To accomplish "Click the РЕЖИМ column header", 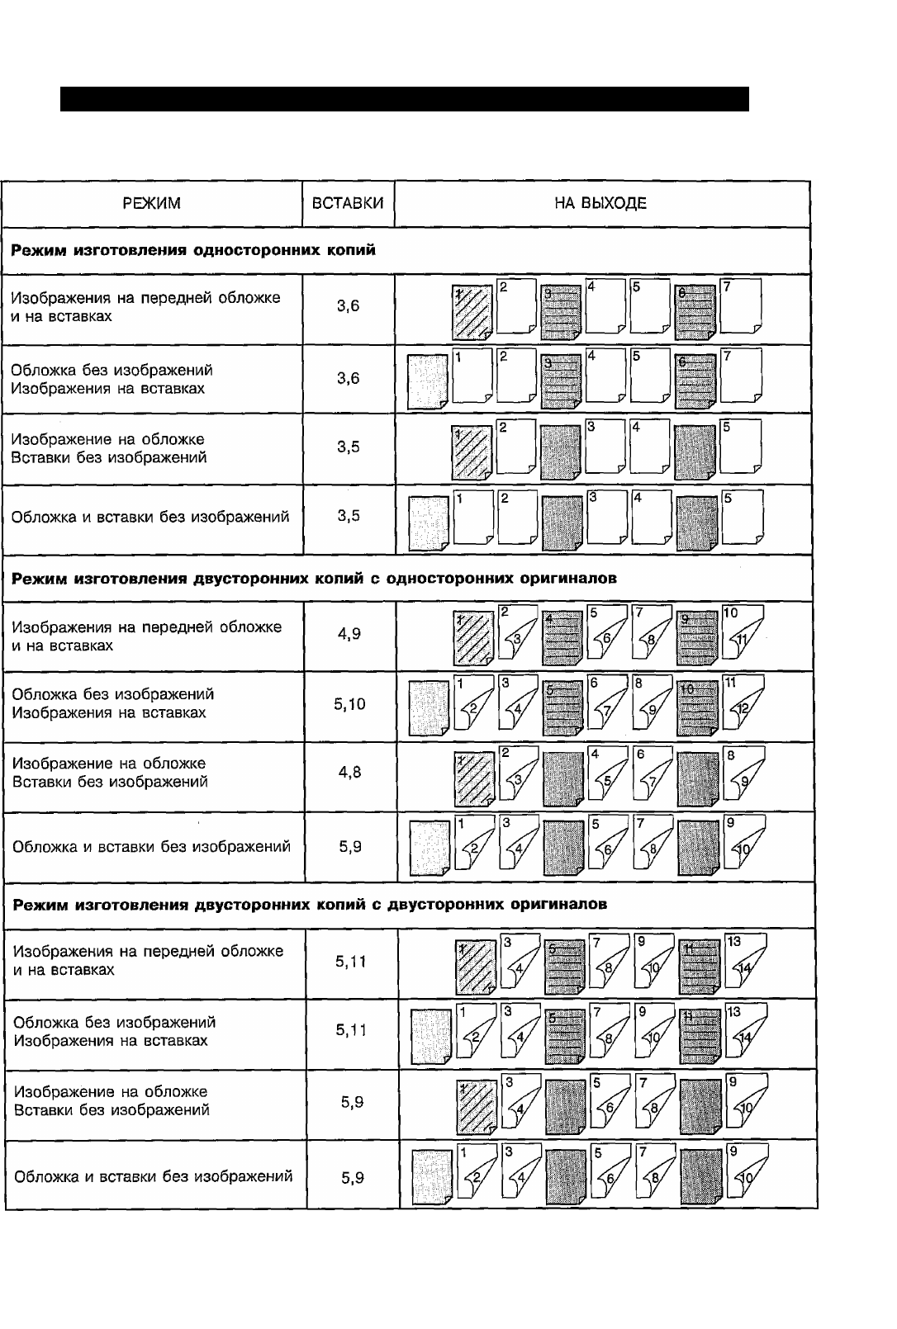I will coord(151,203).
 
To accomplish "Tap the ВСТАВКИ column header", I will coord(348,203).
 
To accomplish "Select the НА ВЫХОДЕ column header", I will coord(600,203).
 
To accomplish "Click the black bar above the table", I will coord(404,99).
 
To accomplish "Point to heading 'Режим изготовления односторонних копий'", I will coord(193,249).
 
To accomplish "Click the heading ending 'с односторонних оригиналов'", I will coord(314,578).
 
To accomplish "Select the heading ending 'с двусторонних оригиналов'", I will coord(311,904).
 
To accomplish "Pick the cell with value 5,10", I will coord(350,704).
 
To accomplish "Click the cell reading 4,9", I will coord(349,634).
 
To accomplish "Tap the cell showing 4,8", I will coord(350,773).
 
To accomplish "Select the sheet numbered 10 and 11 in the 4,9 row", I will coord(742,633).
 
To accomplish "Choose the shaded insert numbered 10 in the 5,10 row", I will coord(695,707).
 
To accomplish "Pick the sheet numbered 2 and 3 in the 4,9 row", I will coord(517,633).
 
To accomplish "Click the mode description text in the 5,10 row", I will coord(113,703).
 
